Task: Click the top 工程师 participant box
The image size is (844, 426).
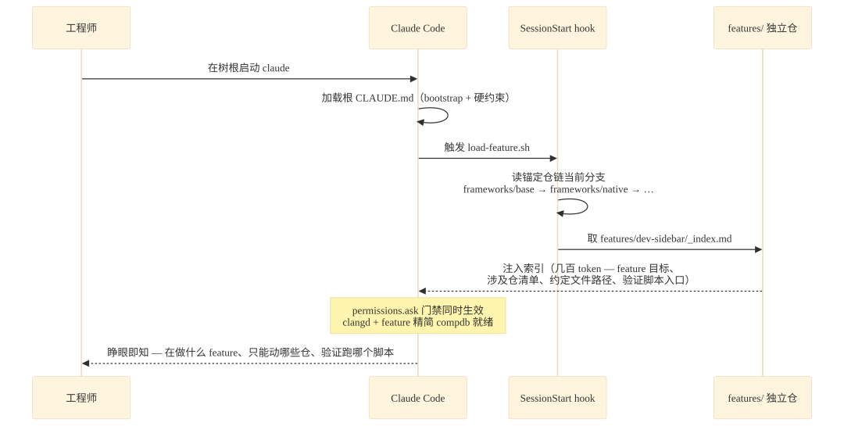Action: point(81,28)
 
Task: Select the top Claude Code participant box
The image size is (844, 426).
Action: point(417,28)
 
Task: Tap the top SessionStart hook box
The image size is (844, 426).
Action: point(558,28)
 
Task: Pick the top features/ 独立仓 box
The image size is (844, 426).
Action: point(763,28)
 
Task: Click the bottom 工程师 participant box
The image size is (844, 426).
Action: point(81,397)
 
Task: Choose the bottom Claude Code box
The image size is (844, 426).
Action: point(417,397)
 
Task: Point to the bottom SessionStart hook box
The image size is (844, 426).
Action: point(558,397)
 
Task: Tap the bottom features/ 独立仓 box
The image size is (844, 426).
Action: point(763,397)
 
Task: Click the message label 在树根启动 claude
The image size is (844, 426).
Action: point(249,68)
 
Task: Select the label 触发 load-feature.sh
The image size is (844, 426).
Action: point(487,147)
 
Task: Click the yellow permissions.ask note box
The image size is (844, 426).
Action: point(417,316)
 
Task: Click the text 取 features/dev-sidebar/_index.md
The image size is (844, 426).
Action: point(660,238)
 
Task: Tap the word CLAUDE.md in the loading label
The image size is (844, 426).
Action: point(384,98)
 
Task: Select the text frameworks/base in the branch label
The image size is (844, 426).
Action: point(499,190)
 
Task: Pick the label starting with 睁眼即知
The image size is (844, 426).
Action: point(250,353)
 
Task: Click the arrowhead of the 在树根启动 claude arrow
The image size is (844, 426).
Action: point(414,79)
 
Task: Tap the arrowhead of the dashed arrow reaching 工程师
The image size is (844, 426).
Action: point(86,363)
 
